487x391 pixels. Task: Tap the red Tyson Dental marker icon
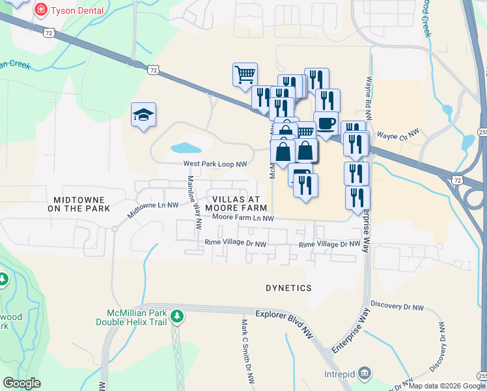[x=40, y=10]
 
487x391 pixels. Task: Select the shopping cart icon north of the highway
[x=245, y=74]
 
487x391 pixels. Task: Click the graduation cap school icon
[x=143, y=115]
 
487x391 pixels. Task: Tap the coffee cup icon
[x=326, y=123]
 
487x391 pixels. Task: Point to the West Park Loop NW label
[x=215, y=164]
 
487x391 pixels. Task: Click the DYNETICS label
[x=288, y=287]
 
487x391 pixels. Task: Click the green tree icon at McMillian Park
[x=177, y=317]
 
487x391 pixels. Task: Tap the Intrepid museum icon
[x=365, y=374]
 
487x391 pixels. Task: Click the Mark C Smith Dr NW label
[x=247, y=352]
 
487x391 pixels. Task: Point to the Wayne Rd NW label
[x=369, y=98]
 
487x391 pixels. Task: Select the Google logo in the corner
[x=21, y=383]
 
